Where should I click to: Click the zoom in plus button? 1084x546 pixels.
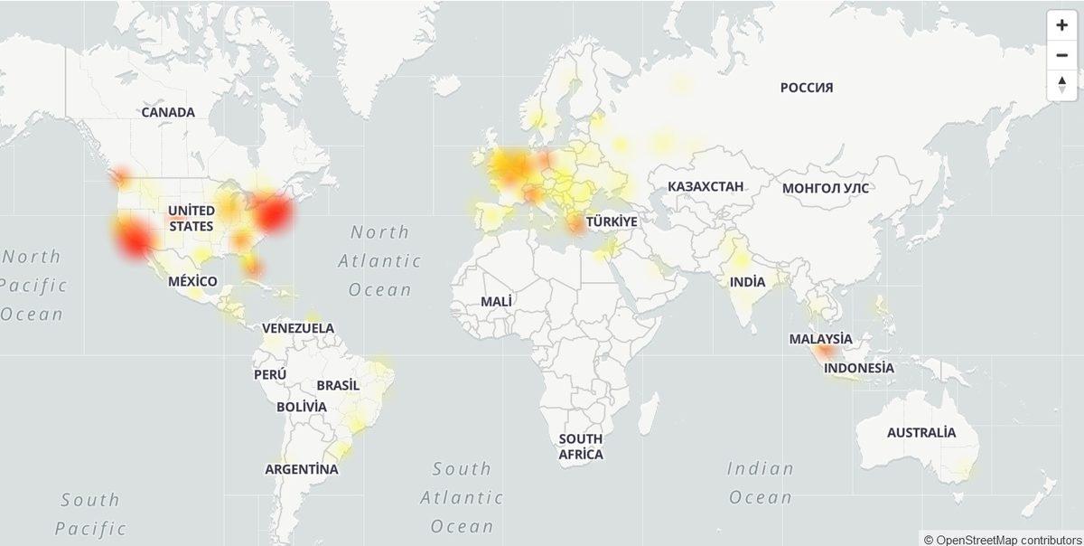[1061, 25]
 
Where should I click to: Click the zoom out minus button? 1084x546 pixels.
[1061, 55]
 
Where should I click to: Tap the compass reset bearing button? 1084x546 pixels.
[1061, 85]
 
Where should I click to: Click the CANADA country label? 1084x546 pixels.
[168, 112]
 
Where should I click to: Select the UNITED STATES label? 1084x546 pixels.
[192, 218]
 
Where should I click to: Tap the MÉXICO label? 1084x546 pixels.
[192, 281]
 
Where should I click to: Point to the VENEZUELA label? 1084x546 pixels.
[298, 328]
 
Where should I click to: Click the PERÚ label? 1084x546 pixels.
[270, 374]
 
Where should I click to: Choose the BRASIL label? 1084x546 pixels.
[338, 385]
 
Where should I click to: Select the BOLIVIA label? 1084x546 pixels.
[302, 407]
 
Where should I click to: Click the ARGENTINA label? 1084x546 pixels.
[302, 469]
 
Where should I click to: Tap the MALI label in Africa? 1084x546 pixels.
[497, 300]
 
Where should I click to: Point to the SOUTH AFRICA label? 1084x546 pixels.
[580, 447]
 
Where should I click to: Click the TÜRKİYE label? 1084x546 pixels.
[612, 221]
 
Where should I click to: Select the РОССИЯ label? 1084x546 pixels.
[807, 88]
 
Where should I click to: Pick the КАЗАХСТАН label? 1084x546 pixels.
[706, 187]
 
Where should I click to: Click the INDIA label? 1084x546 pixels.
[747, 282]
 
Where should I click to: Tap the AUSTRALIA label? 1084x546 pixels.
[920, 432]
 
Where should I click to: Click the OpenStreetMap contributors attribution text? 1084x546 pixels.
[1002, 539]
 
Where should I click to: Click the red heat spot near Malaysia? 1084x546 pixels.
[824, 353]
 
